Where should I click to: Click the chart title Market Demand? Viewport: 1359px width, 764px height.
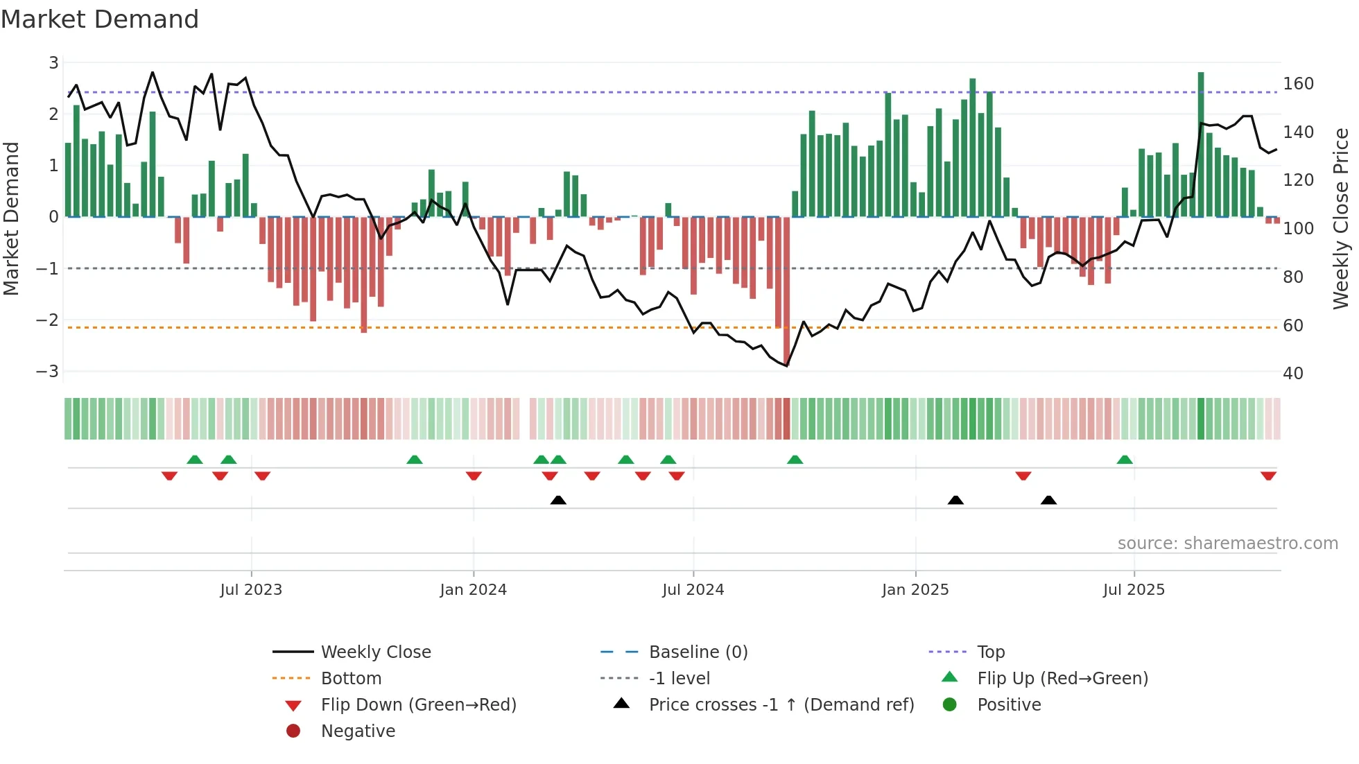point(100,19)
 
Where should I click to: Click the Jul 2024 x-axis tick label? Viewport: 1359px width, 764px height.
point(693,590)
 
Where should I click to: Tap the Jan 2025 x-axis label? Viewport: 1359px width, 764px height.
point(915,590)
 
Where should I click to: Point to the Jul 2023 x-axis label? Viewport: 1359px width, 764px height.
point(251,590)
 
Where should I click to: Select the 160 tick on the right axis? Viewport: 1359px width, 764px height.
point(1298,84)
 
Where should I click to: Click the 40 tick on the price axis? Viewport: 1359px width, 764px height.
point(1292,374)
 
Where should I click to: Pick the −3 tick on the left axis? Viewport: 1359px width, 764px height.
point(47,372)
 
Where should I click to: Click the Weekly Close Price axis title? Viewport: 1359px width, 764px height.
point(1340,218)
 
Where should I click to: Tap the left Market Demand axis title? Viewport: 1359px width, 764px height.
point(11,218)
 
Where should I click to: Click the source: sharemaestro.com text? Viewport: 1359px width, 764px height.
point(1227,544)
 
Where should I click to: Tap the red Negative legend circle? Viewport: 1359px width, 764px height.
point(293,731)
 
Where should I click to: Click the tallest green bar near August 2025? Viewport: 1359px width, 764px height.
point(1201,146)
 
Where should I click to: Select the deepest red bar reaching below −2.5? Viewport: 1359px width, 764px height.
point(786,291)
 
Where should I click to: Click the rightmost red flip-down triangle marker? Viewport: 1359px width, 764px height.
point(1268,476)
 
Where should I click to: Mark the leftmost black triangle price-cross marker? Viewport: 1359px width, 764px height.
point(558,500)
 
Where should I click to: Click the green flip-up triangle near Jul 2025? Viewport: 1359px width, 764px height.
point(1125,460)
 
